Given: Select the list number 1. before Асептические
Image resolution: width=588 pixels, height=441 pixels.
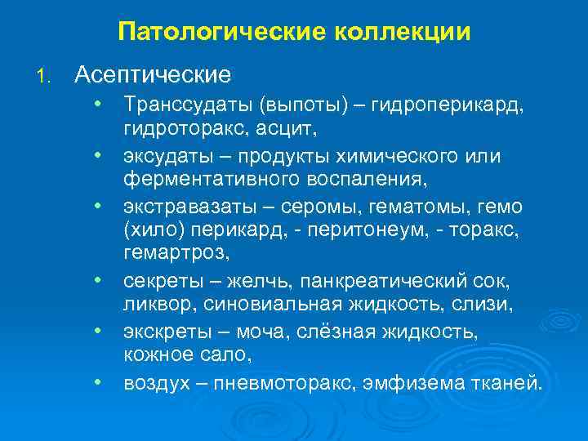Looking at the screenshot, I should pos(45,75).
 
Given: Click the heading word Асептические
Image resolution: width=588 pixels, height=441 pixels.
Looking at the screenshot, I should pos(153,74).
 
